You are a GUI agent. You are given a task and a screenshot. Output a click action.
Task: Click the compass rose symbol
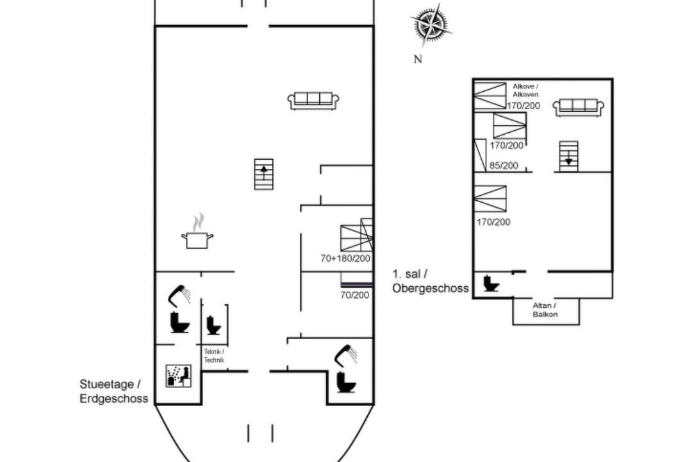[431, 24]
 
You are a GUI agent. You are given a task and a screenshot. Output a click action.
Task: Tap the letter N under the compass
[418, 59]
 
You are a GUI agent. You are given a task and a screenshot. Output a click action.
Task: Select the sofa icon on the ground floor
[313, 100]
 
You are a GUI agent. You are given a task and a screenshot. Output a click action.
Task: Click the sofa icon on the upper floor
[578, 108]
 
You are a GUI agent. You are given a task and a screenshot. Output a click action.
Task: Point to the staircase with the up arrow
[264, 174]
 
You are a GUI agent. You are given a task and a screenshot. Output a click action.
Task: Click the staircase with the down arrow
[568, 156]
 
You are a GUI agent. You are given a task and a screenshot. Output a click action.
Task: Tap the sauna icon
[179, 376]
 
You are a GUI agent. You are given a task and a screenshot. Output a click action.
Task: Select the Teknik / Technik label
[214, 356]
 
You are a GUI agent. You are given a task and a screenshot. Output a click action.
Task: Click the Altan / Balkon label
[545, 310]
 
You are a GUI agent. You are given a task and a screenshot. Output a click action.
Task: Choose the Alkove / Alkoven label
[525, 90]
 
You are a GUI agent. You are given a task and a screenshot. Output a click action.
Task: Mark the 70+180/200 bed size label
[345, 258]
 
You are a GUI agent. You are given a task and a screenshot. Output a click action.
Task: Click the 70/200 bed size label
[355, 295]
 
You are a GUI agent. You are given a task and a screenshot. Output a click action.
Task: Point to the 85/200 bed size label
[504, 166]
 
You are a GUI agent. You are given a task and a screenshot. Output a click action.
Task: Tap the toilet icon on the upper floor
[491, 284]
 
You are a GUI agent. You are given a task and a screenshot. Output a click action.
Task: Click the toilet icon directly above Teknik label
[213, 325]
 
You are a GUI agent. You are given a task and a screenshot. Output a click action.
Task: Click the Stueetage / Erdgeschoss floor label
[113, 391]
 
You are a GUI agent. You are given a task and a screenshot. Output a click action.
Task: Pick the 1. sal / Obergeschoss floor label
[431, 281]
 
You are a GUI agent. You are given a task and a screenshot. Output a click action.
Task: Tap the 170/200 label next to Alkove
[523, 106]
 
